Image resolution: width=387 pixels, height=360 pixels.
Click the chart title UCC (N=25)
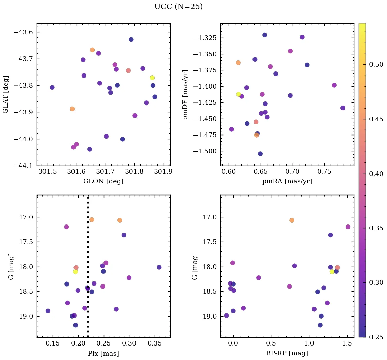click(x=178, y=7)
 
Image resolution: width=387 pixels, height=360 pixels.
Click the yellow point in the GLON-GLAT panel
click(x=152, y=78)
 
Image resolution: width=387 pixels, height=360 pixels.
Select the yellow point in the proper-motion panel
click(x=239, y=94)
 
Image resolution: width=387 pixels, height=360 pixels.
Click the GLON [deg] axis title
click(x=103, y=181)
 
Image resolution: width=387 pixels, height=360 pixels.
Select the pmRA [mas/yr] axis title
click(x=287, y=181)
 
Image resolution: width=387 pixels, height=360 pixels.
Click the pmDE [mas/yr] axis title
click(x=186, y=95)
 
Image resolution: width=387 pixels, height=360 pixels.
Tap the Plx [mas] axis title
click(x=103, y=353)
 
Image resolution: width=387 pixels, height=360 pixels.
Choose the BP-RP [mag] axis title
click(x=287, y=353)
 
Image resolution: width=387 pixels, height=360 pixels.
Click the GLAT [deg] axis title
click(x=6, y=95)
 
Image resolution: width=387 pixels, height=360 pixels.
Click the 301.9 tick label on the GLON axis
click(x=163, y=172)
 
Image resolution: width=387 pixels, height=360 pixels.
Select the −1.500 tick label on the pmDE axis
click(x=205, y=151)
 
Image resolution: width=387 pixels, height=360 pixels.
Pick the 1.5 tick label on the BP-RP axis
click(x=347, y=344)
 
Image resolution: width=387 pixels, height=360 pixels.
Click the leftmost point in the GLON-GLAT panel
click(x=52, y=87)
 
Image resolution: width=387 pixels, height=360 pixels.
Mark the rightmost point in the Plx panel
click(x=159, y=267)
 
